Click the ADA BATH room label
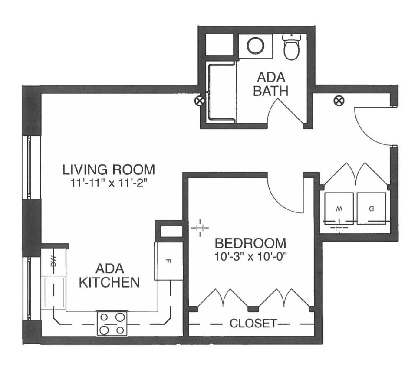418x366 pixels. point(271,84)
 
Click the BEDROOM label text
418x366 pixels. point(250,243)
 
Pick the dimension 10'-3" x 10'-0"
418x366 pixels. point(250,256)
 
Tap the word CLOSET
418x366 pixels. point(253,323)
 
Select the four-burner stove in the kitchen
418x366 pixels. point(112,323)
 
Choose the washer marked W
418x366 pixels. point(339,209)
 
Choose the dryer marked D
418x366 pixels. point(371,209)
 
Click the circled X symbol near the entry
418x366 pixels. point(338,101)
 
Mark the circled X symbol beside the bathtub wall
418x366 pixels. point(199,101)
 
